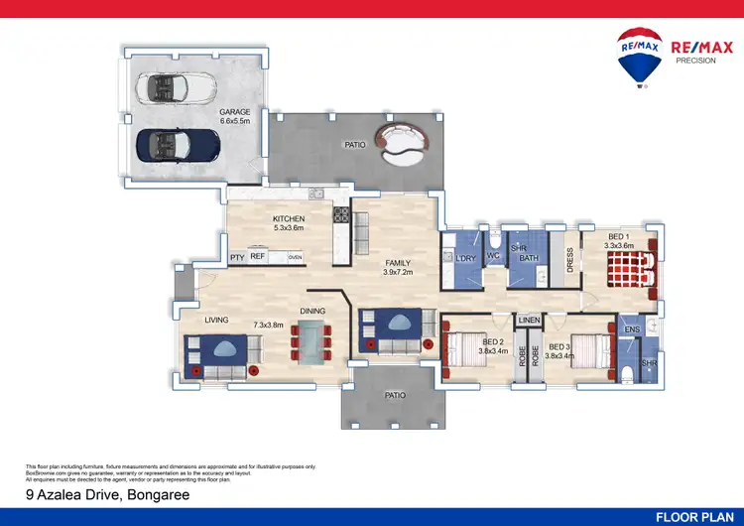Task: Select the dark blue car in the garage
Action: pos(178,145)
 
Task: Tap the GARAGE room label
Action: pos(235,112)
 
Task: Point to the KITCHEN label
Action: pos(289,218)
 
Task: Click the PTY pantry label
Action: pos(237,257)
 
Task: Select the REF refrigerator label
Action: pos(257,257)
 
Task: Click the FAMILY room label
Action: pos(398,263)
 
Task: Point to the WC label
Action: pos(493,255)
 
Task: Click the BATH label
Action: pos(529,259)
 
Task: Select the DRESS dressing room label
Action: pos(569,259)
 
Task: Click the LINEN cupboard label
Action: pos(528,320)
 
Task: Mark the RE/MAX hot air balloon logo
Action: pos(639,58)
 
